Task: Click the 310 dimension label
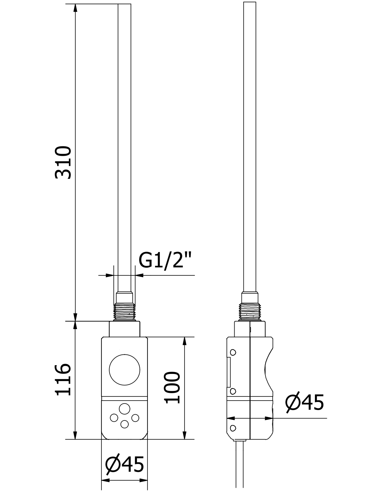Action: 63,162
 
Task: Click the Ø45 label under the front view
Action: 124,464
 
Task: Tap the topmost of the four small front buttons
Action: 124,409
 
